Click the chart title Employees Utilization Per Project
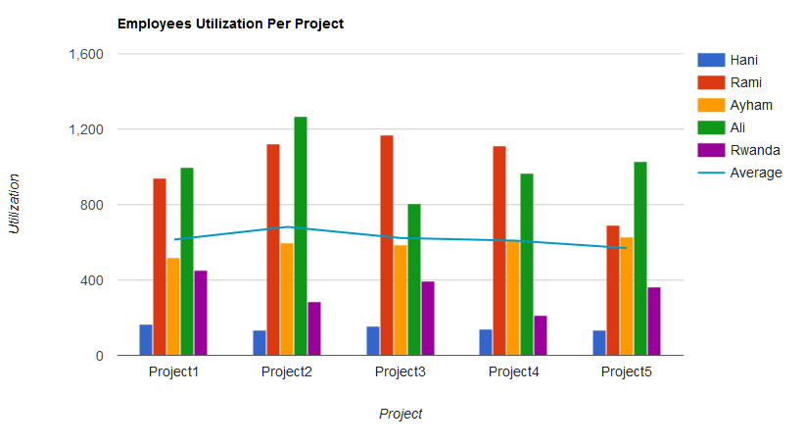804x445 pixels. click(230, 24)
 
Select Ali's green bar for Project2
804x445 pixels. click(301, 235)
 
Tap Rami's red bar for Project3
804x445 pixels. click(387, 245)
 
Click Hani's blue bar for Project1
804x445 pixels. click(146, 339)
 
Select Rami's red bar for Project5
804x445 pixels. click(613, 290)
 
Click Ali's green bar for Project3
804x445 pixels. click(414, 279)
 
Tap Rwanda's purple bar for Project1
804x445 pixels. click(201, 313)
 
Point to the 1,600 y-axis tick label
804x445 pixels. click(86, 54)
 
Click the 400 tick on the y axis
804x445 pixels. click(92, 280)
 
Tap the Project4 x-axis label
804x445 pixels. click(514, 372)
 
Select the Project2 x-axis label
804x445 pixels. click(287, 372)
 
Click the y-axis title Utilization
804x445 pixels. click(15, 204)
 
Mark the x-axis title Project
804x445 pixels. click(401, 414)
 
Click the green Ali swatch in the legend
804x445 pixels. click(711, 127)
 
